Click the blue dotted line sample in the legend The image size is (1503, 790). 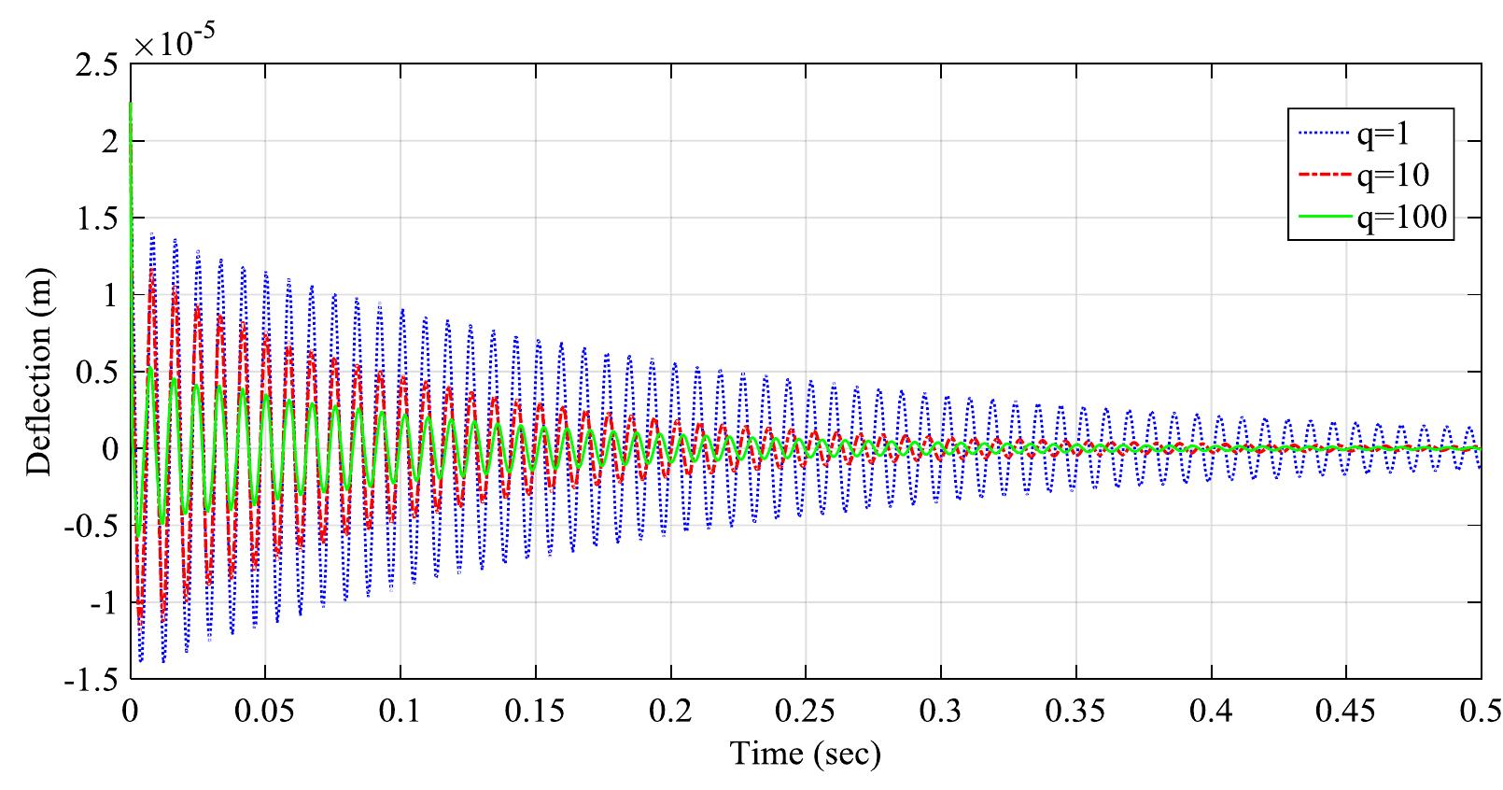1318,135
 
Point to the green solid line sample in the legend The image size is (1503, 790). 1318,217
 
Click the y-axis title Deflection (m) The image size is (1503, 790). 39,371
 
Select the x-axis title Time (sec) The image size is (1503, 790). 805,753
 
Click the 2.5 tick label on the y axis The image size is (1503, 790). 98,65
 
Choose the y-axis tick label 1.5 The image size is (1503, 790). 98,219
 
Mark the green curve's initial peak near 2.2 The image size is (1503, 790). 131,103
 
